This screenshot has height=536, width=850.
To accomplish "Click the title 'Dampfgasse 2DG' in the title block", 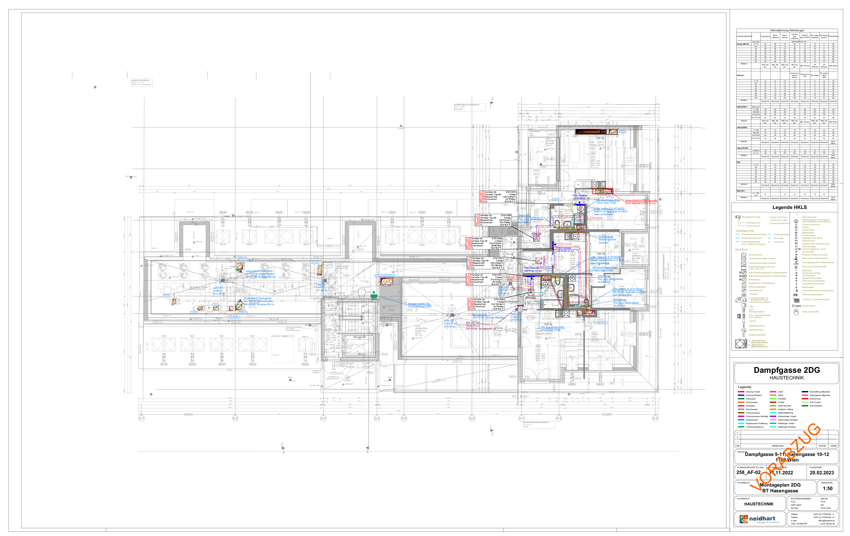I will click(787, 370).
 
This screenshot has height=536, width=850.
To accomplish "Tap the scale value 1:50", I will click(827, 489).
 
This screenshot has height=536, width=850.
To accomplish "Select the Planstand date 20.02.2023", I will click(821, 472).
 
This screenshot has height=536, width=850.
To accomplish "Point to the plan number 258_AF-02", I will click(748, 472).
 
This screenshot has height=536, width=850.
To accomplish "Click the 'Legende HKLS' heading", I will click(789, 207).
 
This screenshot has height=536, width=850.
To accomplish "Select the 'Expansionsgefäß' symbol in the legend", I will click(796, 312).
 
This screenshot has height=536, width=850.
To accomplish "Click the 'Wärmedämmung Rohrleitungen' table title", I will click(787, 31).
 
